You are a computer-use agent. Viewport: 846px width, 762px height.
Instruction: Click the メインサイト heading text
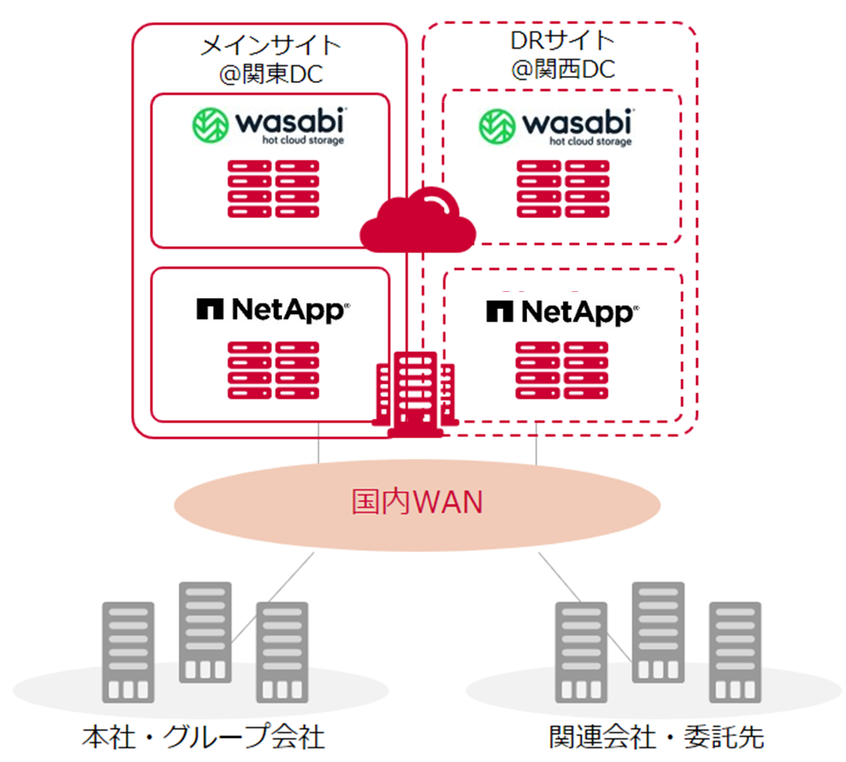pos(270,46)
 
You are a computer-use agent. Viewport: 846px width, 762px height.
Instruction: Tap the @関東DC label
pos(270,74)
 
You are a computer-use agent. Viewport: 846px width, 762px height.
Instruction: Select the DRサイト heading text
pos(562,41)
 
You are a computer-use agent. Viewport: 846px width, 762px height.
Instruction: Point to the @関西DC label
pos(562,69)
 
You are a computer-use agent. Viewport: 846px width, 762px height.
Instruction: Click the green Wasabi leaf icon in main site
pos(210,125)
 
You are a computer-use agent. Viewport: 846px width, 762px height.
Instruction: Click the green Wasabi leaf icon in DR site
pos(497,126)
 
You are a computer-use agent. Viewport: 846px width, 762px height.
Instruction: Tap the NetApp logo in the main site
pos(273,310)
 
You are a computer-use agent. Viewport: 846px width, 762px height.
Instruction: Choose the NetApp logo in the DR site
pos(562,312)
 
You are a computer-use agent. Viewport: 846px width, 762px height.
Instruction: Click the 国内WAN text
pos(417,502)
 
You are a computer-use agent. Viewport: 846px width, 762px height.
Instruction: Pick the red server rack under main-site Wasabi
pos(273,189)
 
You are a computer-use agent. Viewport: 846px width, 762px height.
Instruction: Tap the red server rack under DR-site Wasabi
pos(562,189)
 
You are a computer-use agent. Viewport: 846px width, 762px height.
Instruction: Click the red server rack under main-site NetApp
pos(273,370)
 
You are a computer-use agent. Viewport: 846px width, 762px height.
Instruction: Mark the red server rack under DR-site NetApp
pos(562,370)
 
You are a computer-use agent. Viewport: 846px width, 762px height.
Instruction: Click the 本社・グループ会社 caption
pos(203,736)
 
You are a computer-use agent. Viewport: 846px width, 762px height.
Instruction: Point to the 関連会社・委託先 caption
pos(656,736)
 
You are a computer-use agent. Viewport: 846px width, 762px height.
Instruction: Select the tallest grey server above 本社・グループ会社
pos(205,632)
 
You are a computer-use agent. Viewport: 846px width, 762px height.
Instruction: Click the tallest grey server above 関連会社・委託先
pos(658,632)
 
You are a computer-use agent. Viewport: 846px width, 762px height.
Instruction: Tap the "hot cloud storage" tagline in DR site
pos(590,141)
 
